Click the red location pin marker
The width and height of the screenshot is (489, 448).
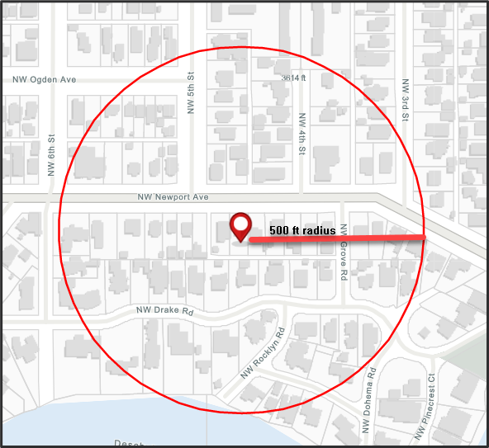coord(240,225)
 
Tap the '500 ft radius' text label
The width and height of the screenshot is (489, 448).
coord(302,230)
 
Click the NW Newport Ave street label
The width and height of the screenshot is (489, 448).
coord(173,198)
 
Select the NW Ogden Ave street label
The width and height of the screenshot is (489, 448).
coord(45,79)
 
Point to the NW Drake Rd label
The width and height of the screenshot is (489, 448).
coord(164,312)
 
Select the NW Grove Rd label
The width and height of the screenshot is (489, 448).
coord(344,252)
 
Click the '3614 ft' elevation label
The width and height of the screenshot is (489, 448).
coord(293,78)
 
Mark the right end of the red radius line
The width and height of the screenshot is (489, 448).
coord(424,238)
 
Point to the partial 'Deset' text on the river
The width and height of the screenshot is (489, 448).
coord(128,443)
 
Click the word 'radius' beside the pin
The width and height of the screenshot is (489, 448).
coord(319,230)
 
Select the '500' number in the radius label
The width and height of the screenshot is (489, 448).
coord(279,230)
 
